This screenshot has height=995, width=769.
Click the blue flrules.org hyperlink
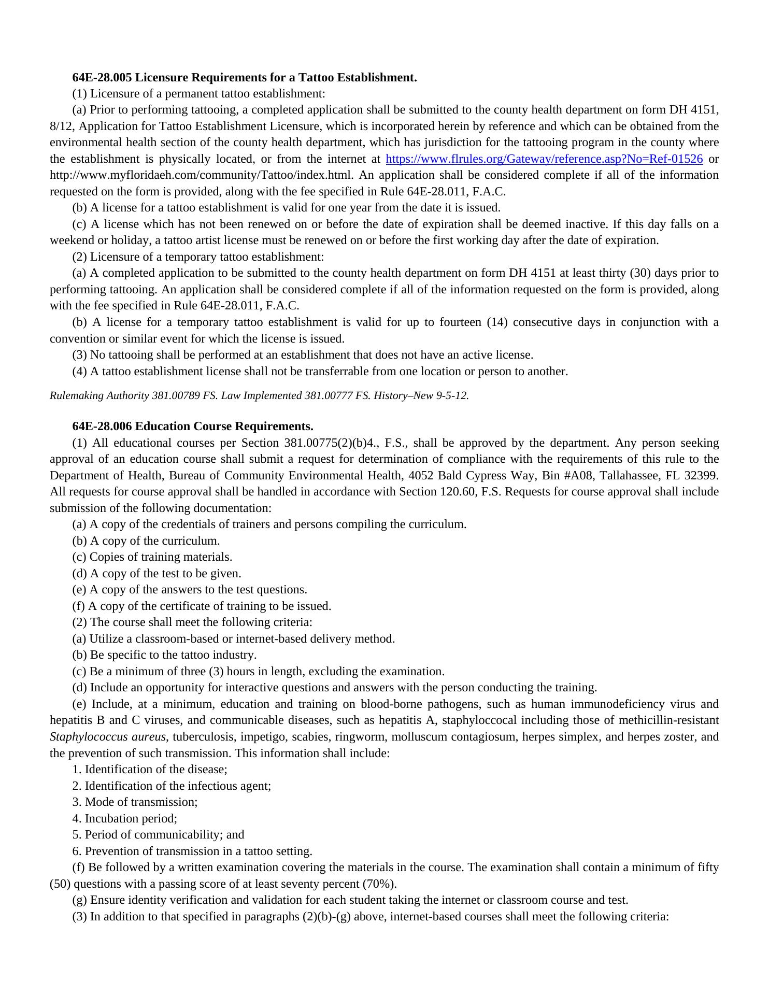click(x=544, y=159)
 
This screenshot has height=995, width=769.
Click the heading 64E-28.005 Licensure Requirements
click(x=245, y=78)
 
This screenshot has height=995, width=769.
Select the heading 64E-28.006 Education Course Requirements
click(x=193, y=427)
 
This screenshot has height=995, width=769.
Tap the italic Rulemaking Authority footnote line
click(x=259, y=395)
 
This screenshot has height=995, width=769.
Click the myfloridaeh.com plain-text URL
click(x=202, y=175)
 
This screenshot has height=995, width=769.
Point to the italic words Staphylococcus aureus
click(x=108, y=737)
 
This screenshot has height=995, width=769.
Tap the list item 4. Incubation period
click(x=125, y=819)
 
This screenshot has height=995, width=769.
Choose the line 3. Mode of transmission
click(x=135, y=802)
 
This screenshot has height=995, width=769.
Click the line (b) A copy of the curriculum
click(x=146, y=541)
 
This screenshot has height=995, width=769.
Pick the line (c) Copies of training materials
click(x=152, y=557)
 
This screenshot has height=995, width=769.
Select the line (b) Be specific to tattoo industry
click(x=165, y=655)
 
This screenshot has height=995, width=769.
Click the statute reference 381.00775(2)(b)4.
click(x=332, y=443)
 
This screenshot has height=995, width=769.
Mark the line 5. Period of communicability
click(x=158, y=835)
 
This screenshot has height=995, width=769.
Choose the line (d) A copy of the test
click(x=157, y=574)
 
